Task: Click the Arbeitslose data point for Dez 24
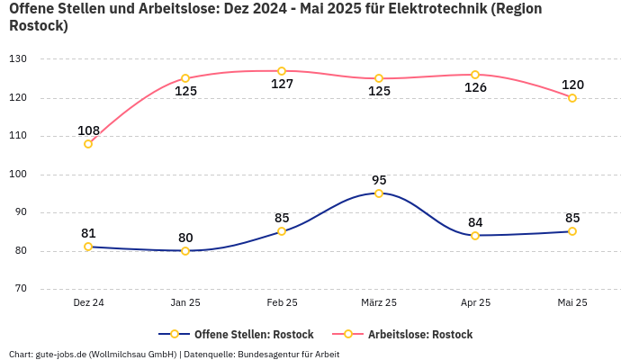pyautogui.click(x=88, y=144)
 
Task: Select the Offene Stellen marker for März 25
pyautogui.click(x=379, y=193)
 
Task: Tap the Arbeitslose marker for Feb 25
pyautogui.click(x=282, y=71)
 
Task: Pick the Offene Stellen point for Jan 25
pyautogui.click(x=185, y=251)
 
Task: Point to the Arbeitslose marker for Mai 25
pyautogui.click(x=572, y=98)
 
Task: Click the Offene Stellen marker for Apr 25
pyautogui.click(x=475, y=236)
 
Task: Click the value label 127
pyautogui.click(x=282, y=85)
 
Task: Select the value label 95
pyautogui.click(x=379, y=180)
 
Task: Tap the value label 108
pyautogui.click(x=88, y=130)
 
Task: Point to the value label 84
pyautogui.click(x=475, y=222)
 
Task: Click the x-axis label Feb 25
pyautogui.click(x=282, y=303)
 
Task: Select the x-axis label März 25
pyautogui.click(x=379, y=303)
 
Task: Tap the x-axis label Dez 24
pyautogui.click(x=88, y=303)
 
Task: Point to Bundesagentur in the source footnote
pyautogui.click(x=267, y=354)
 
